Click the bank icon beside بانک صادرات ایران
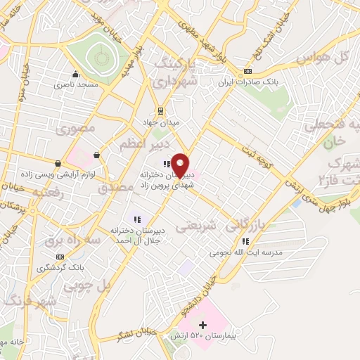pos(247,72)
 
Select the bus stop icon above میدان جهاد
pos(161,110)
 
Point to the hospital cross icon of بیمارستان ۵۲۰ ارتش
pos(203,325)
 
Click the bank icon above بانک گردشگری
pos(61,257)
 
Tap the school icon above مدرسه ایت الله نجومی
pos(245,241)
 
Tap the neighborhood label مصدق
pos(115,188)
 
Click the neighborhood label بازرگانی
pos(247,225)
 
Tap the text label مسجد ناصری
pos(75,84)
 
